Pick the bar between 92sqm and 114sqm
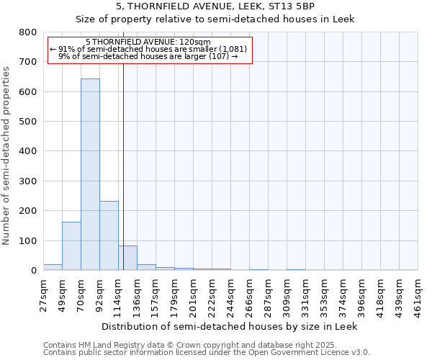point(109,235)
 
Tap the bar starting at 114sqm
point(127,258)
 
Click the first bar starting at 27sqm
point(53,267)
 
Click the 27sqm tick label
point(44,293)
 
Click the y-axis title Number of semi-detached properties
point(6,154)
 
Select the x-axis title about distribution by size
point(230,326)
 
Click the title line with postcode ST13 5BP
point(215,6)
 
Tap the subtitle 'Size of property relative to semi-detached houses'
point(215,19)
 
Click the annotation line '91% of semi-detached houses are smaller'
point(149,49)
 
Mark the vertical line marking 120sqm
point(123,180)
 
